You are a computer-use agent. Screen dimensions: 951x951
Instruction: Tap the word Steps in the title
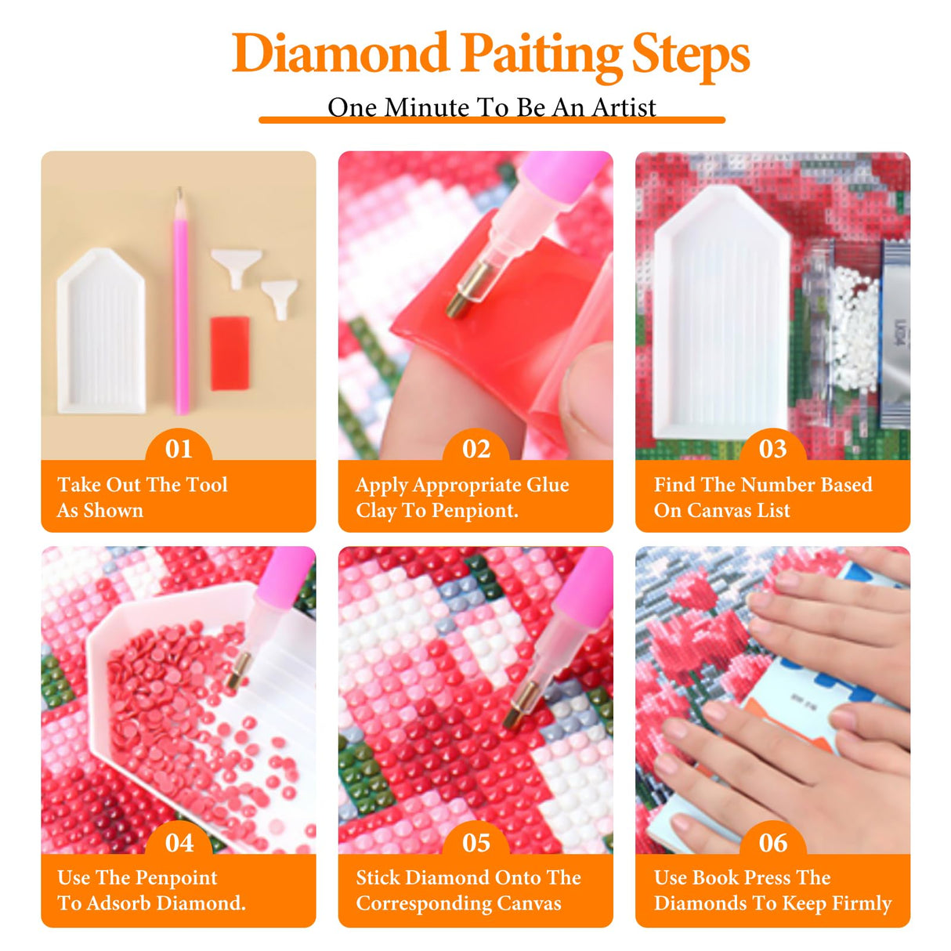click(x=690, y=54)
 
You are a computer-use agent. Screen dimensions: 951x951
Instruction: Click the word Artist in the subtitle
click(x=624, y=107)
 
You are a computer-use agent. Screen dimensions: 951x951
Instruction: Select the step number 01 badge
click(x=179, y=449)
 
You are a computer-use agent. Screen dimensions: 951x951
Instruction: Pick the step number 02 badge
click(x=476, y=449)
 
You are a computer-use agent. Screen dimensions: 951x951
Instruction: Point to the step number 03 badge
click(x=773, y=449)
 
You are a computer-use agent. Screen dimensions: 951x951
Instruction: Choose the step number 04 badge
click(x=179, y=843)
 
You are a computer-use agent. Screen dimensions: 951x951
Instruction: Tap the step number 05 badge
click(x=476, y=843)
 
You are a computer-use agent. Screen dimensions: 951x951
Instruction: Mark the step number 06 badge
click(x=773, y=843)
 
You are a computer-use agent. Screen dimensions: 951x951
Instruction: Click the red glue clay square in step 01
click(x=230, y=353)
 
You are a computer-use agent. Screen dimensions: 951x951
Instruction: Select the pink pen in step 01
click(x=182, y=313)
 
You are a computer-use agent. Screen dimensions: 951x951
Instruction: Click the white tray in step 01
click(x=102, y=333)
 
